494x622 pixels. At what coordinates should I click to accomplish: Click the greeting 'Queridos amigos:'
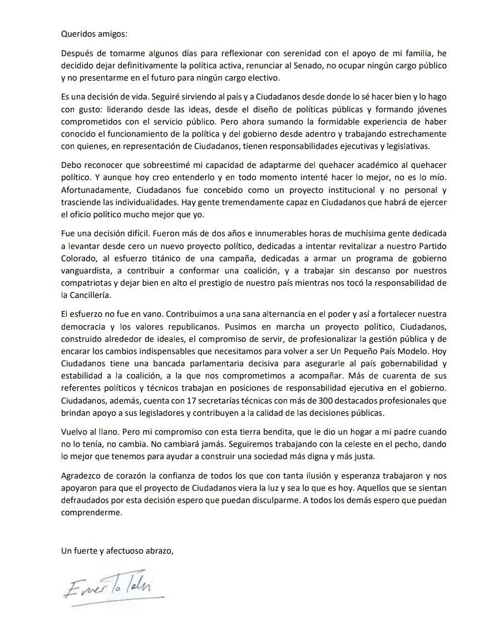tap(94, 33)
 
